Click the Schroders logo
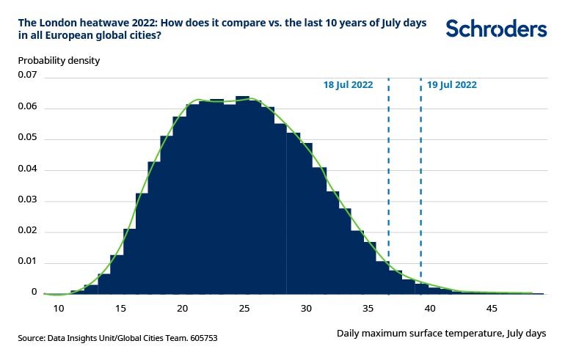[496, 29]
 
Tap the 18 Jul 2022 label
[348, 85]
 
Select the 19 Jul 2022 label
[452, 85]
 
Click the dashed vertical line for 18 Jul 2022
[388, 183]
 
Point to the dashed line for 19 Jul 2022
[420, 183]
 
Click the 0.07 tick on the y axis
[27, 75]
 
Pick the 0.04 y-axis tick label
[27, 169]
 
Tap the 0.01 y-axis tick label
[27, 261]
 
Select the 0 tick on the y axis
[34, 292]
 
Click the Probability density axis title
[59, 60]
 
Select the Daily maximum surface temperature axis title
[441, 333]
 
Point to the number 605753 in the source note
[200, 338]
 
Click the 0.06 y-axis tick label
[27, 106]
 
